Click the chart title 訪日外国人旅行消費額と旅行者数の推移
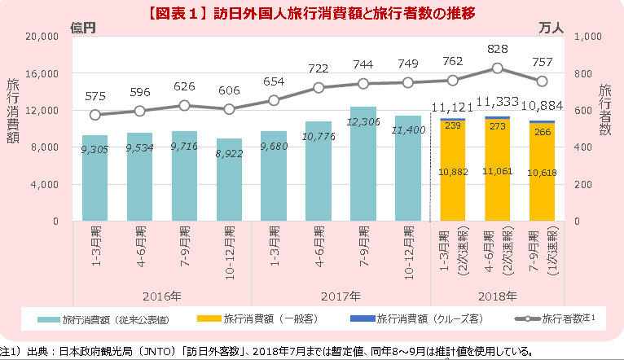[313, 14]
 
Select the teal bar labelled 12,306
[363, 163]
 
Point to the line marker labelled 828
[498, 68]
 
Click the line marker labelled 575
[95, 115]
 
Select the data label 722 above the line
[318, 69]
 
